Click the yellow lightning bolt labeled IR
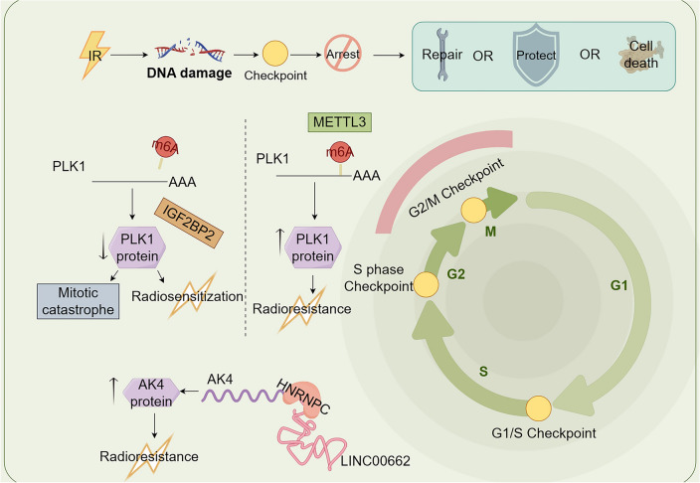[x=94, y=55]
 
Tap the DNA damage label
[x=189, y=73]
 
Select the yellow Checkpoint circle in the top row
[x=275, y=54]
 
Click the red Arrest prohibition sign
[x=342, y=54]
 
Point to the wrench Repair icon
[x=441, y=55]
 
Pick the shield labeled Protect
[x=536, y=55]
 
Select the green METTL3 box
[x=340, y=122]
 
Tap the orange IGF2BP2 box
[x=189, y=223]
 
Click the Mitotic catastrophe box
[x=79, y=301]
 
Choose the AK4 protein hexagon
[x=151, y=393]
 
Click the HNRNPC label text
[x=303, y=397]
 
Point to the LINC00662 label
[x=376, y=461]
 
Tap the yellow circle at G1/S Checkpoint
[x=538, y=408]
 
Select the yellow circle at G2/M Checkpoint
[x=473, y=211]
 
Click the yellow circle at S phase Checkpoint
[x=426, y=284]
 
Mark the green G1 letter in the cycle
[x=618, y=285]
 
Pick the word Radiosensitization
[x=188, y=296]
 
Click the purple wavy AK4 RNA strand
[x=242, y=396]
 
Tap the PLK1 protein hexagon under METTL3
[x=312, y=247]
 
